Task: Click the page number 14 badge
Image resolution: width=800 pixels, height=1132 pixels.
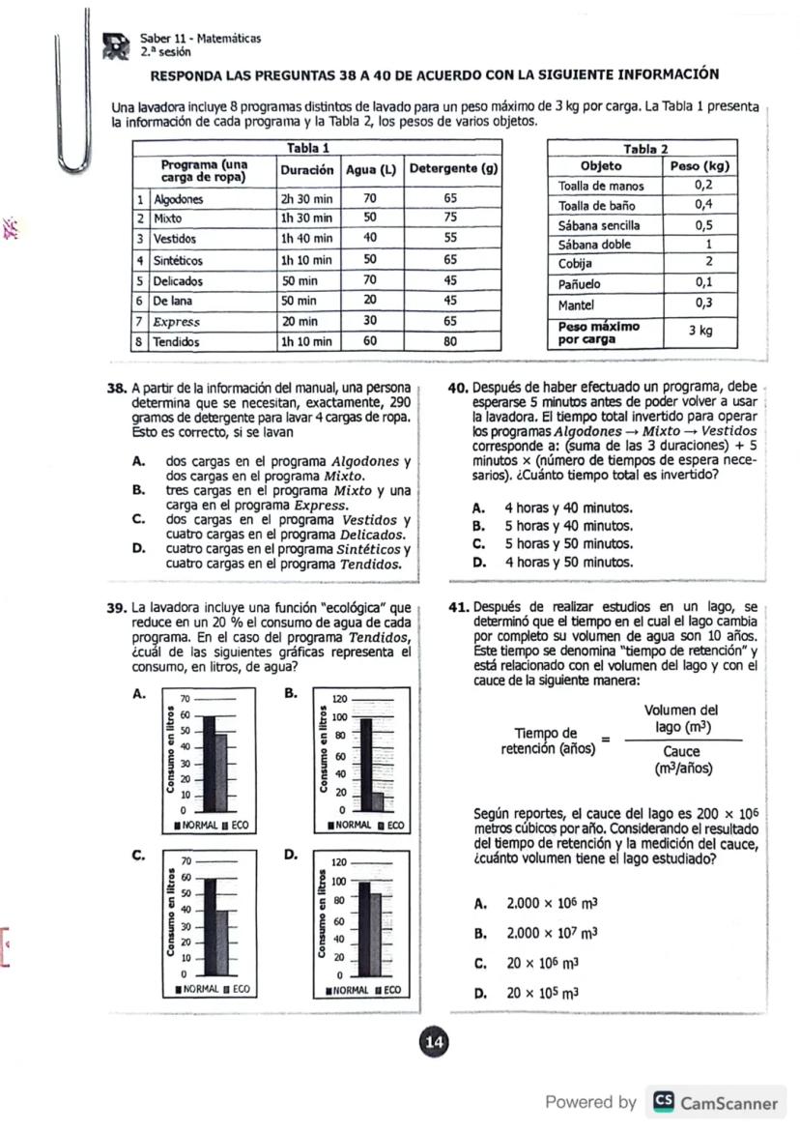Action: point(433,1041)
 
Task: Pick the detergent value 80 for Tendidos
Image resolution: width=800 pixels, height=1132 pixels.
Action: point(449,342)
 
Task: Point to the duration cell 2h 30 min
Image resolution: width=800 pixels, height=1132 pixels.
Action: point(306,198)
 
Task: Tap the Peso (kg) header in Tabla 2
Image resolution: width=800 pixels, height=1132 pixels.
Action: point(699,166)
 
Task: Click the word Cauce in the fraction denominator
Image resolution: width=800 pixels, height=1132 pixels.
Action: point(682,751)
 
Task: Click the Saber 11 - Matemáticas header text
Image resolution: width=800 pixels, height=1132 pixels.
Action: point(200,38)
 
